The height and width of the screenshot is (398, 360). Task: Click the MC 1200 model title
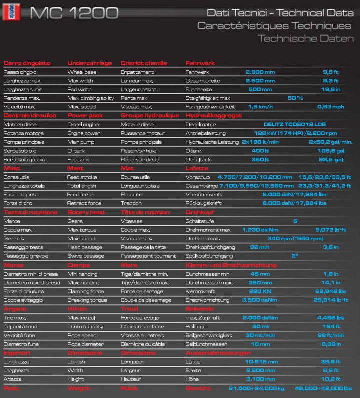pyautogui.click(x=74, y=12)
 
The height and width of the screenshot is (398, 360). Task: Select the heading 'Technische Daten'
pyautogui.click(x=305, y=38)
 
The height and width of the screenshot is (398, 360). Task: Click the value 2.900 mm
pyautogui.click(x=260, y=72)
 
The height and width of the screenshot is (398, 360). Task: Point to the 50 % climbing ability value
pyautogui.click(x=295, y=98)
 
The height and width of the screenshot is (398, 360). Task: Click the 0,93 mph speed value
pyautogui.click(x=330, y=107)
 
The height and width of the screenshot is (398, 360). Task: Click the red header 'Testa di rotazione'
pyautogui.click(x=30, y=212)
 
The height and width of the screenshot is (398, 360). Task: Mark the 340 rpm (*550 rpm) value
pyautogui.click(x=295, y=239)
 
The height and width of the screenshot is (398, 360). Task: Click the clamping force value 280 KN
pyautogui.click(x=260, y=291)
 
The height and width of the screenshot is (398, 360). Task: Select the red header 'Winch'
pyautogui.click(x=77, y=309)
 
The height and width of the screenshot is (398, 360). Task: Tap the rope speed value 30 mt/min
pyautogui.click(x=260, y=335)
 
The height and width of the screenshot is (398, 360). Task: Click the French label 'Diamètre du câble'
pyautogui.click(x=143, y=344)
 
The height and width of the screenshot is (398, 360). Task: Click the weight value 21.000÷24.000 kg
pyautogui.click(x=256, y=388)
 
